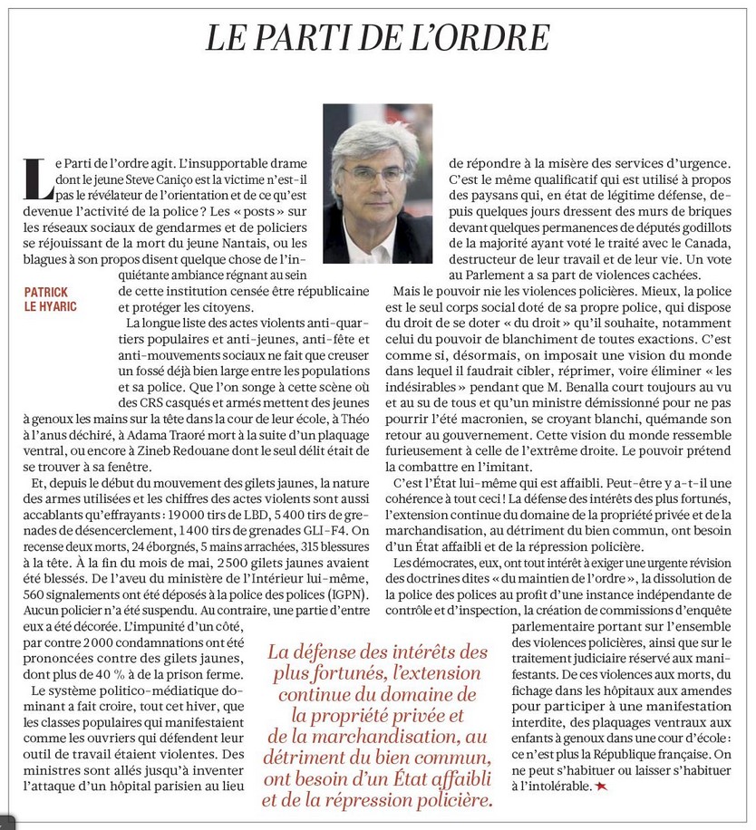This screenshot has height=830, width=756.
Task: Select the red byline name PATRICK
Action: [50, 293]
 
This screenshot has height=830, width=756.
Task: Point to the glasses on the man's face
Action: [374, 175]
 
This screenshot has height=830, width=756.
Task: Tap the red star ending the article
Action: [601, 787]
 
